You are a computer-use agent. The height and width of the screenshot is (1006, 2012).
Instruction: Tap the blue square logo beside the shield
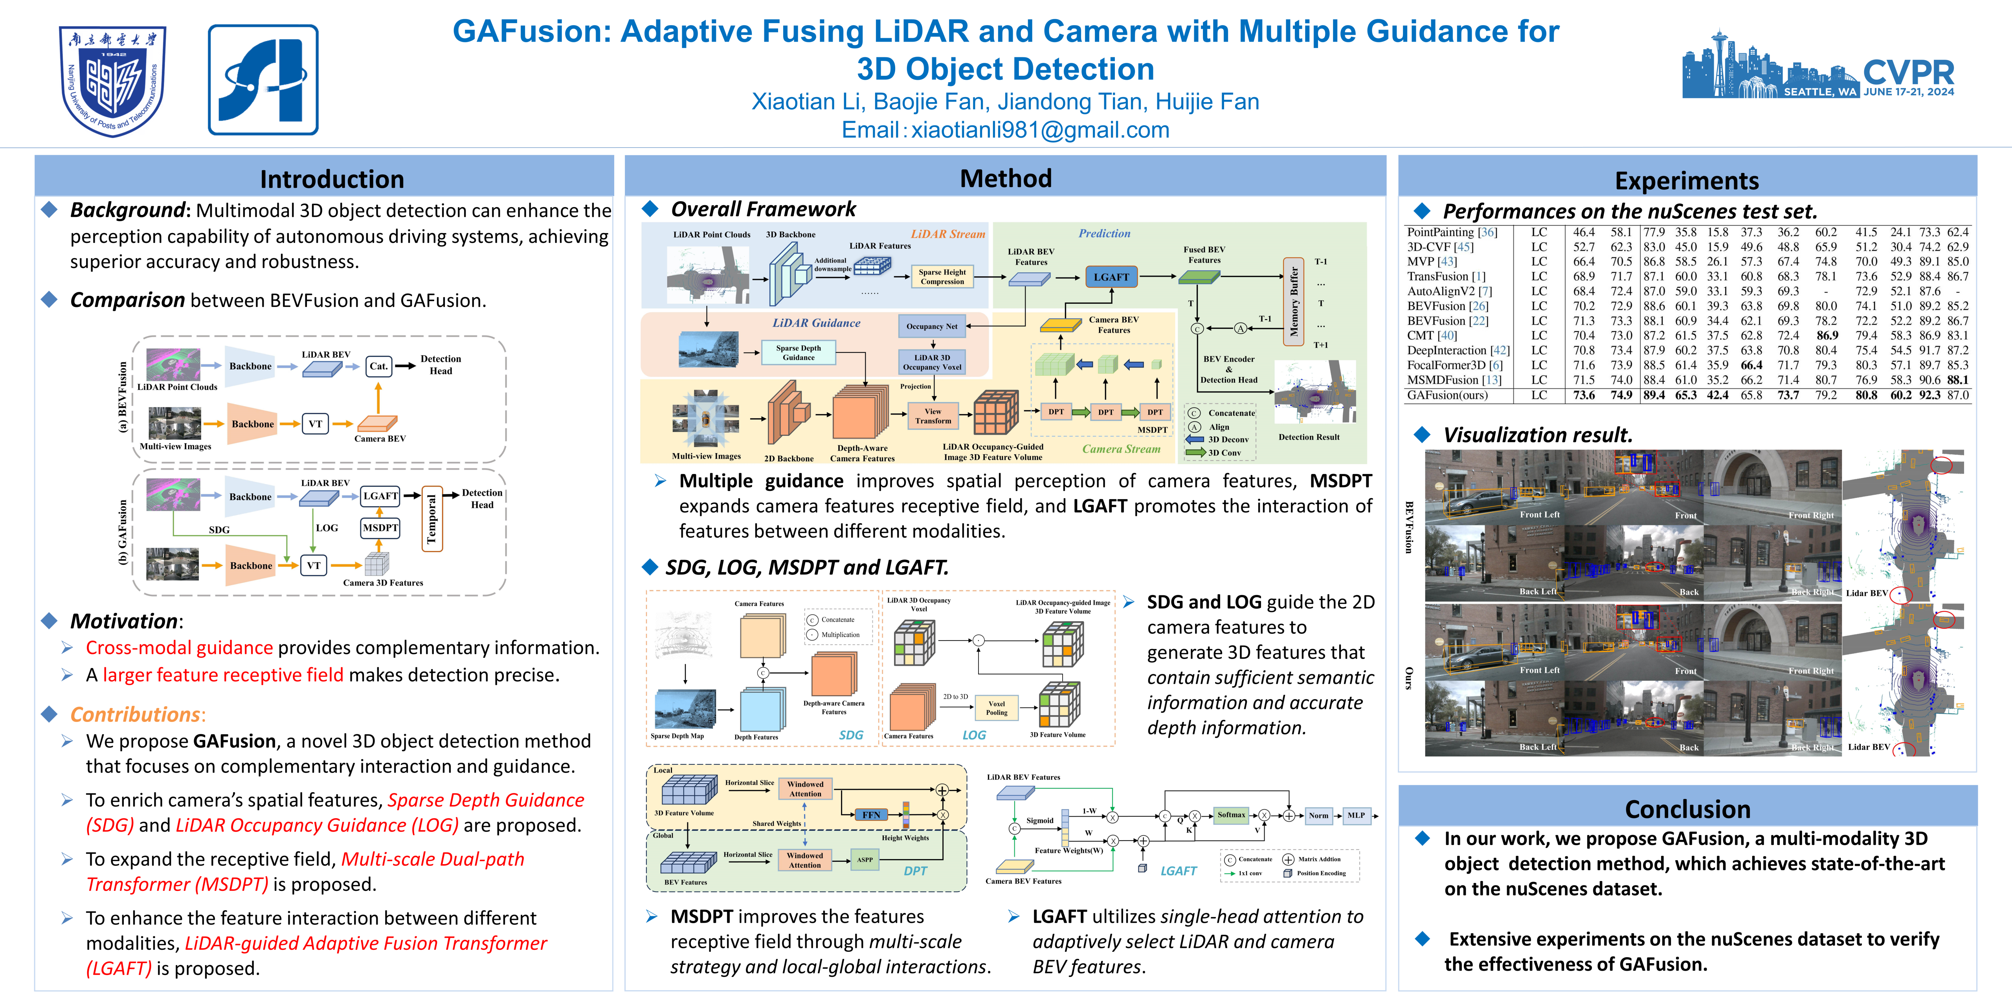(263, 80)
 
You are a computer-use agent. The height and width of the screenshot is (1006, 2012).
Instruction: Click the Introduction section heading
(332, 179)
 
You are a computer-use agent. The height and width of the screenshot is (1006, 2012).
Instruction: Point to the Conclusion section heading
(1687, 808)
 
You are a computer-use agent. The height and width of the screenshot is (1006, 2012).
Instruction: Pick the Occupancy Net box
(932, 327)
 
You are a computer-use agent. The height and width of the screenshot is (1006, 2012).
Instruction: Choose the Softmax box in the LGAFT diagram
(1231, 815)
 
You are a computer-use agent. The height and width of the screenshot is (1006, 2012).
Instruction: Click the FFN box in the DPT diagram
(871, 815)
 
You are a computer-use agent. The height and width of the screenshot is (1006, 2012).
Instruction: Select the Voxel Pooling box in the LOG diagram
(997, 708)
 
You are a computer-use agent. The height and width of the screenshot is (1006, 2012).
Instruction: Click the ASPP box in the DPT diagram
(865, 860)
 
